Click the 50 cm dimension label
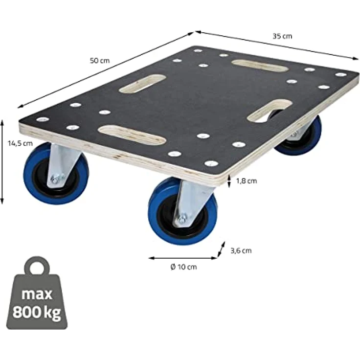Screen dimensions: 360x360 pos(100,61)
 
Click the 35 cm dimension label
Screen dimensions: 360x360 pos(282,36)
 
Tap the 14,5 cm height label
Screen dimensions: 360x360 pos(20,143)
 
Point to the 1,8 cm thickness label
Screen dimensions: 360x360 pos(247,181)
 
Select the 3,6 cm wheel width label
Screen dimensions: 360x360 pos(241,250)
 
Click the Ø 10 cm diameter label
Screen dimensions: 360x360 pos(183,267)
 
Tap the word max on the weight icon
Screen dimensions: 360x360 pos(37,294)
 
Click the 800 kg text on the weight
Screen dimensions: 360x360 pos(37,313)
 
